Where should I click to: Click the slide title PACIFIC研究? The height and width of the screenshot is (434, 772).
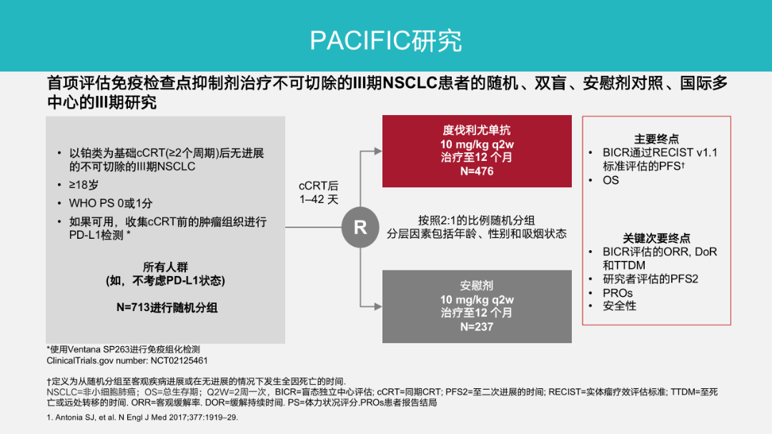click(x=385, y=40)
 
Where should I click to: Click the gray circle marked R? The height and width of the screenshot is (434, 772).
click(x=360, y=227)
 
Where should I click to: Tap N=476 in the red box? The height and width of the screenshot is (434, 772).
click(x=477, y=172)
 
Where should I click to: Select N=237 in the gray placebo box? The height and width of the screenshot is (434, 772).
click(x=477, y=327)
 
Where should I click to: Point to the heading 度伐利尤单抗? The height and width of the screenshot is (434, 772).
click(x=477, y=131)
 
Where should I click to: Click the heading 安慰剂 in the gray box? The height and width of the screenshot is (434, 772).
click(x=477, y=286)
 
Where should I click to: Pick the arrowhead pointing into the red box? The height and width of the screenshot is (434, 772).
click(x=378, y=152)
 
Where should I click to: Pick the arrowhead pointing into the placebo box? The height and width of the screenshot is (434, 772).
click(x=378, y=307)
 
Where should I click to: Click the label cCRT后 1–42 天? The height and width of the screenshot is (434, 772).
click(x=319, y=192)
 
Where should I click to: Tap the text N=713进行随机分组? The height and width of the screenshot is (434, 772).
click(x=167, y=308)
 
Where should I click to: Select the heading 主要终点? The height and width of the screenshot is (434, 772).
click(x=656, y=139)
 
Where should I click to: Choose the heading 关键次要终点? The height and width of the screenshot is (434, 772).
click(x=656, y=238)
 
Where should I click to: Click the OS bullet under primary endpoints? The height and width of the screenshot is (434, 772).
click(x=610, y=180)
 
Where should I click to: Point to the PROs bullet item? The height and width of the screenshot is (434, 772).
click(x=618, y=293)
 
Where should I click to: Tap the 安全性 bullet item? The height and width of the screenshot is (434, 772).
click(x=619, y=306)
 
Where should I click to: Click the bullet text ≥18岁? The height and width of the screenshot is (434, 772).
click(x=84, y=185)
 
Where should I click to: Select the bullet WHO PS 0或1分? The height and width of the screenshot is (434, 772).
click(x=111, y=204)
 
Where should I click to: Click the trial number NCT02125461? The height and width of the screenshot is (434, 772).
click(x=179, y=361)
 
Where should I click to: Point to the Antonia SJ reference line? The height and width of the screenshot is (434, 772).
click(x=142, y=418)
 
